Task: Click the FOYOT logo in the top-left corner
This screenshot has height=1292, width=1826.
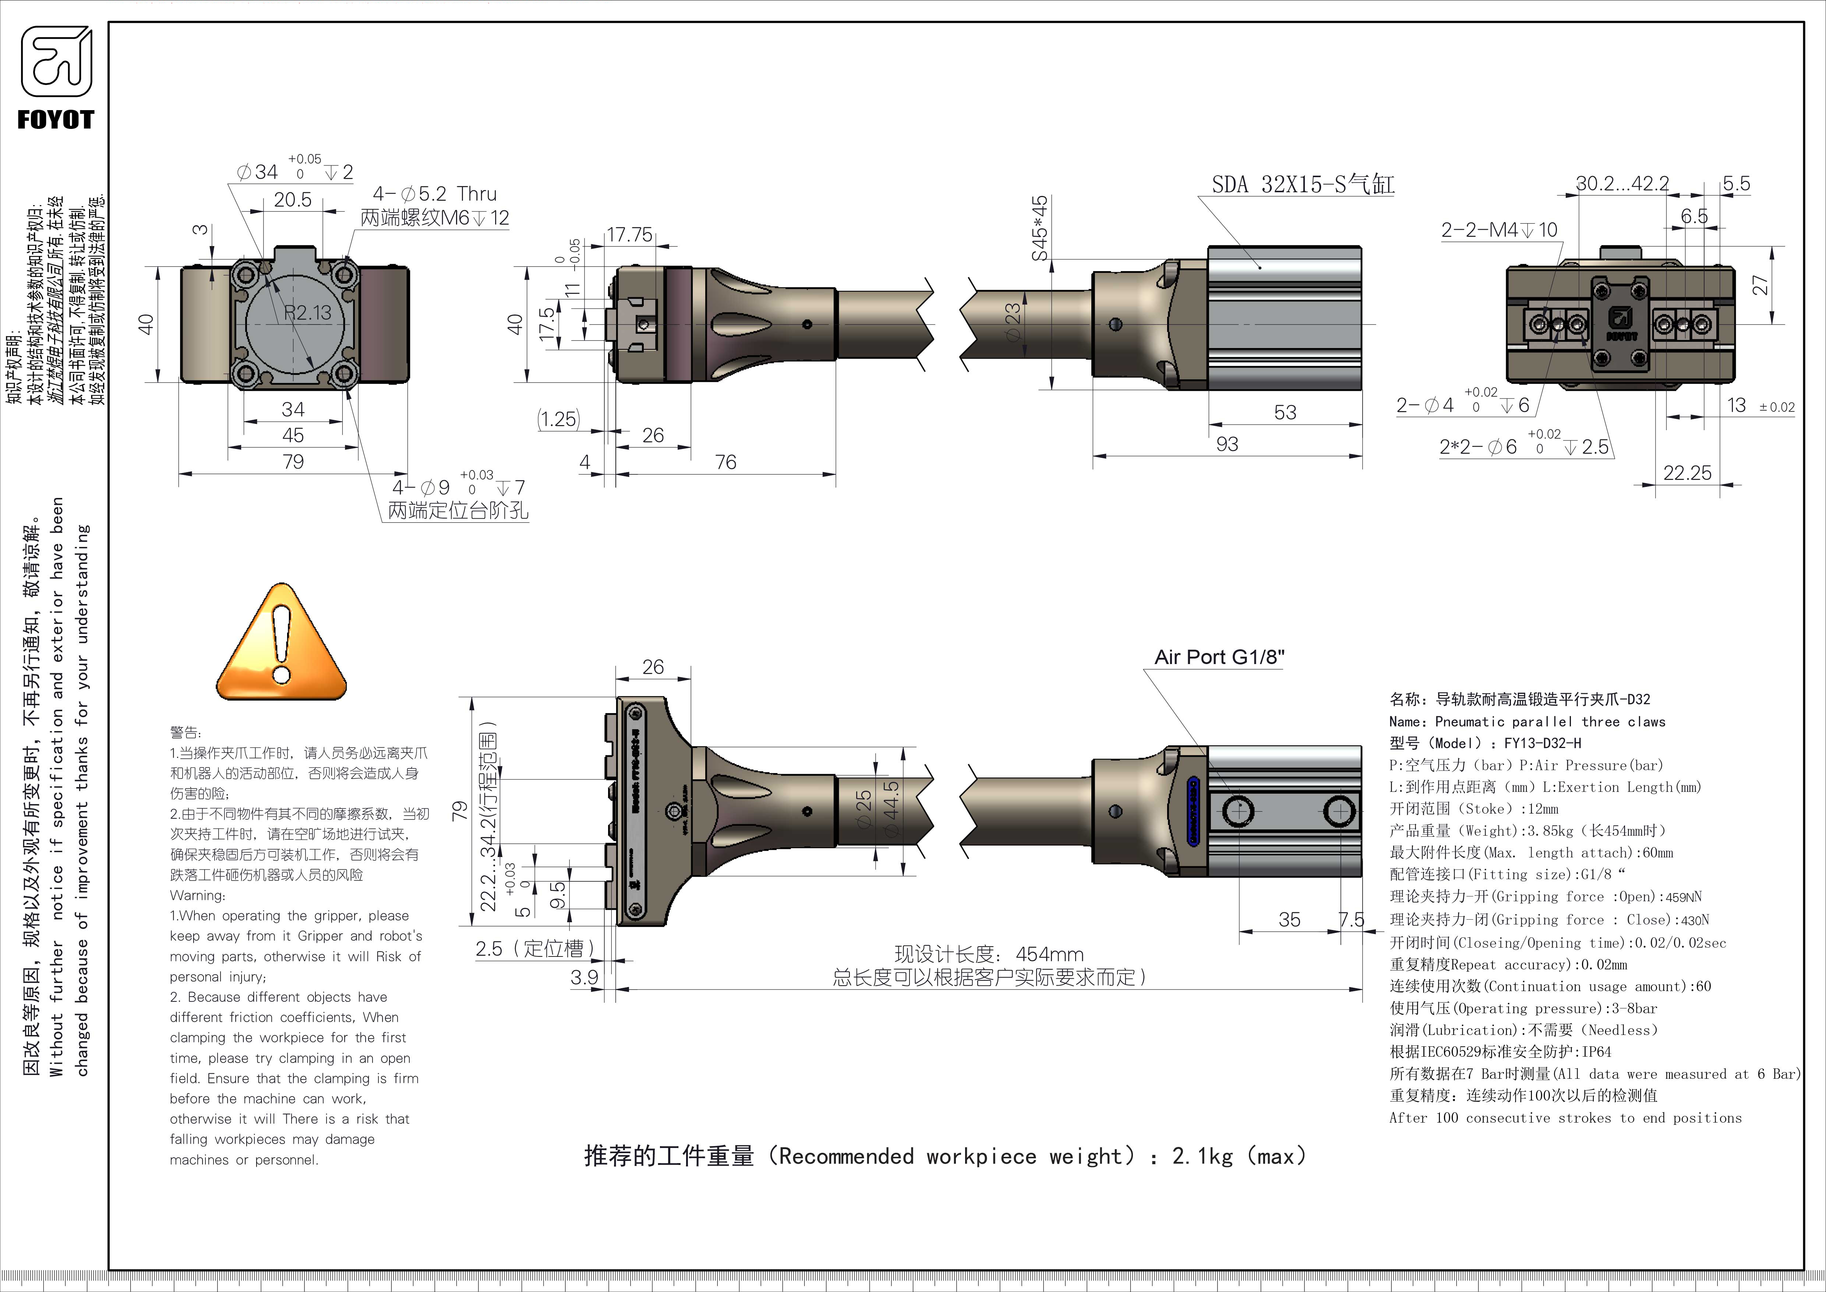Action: click(x=56, y=78)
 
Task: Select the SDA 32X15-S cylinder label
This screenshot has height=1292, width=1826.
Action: click(x=1302, y=185)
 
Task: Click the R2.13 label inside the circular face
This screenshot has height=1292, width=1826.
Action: click(x=308, y=313)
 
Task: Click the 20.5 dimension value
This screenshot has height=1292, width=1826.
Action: click(x=293, y=200)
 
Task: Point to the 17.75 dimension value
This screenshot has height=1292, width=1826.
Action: click(x=629, y=235)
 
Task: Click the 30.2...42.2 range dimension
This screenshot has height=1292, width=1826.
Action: click(x=1622, y=184)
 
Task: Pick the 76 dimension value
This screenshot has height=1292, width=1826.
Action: click(x=725, y=462)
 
